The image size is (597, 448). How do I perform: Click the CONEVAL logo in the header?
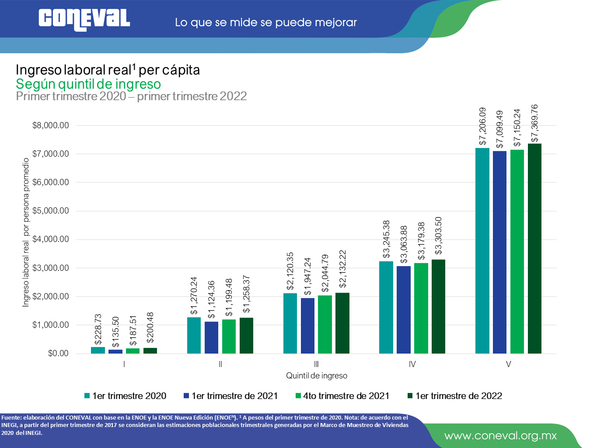(84, 20)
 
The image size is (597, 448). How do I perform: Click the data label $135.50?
(115, 332)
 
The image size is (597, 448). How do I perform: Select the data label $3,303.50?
(438, 235)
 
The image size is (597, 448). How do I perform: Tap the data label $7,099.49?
(499, 129)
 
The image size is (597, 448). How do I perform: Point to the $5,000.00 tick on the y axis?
(50, 211)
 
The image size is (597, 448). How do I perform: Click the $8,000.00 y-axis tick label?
(50, 126)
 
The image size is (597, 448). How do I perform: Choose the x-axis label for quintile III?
(316, 364)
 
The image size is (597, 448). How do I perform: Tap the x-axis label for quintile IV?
(412, 364)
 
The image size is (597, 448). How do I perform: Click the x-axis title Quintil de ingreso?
(316, 375)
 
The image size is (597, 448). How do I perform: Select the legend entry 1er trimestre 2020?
(125, 396)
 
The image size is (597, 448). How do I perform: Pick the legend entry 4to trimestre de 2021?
(342, 396)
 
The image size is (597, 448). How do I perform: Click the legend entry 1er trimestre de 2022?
(455, 396)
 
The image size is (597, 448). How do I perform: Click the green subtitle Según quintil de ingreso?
(88, 84)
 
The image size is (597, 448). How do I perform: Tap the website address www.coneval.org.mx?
(500, 436)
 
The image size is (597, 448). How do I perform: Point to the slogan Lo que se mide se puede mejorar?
(265, 22)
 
